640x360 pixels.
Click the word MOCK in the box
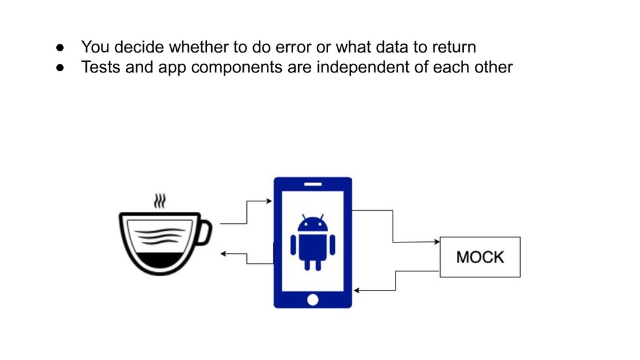click(x=479, y=257)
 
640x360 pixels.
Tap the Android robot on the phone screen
click(x=312, y=242)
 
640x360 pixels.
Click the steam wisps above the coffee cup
click(x=161, y=201)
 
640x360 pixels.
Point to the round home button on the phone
click(x=312, y=300)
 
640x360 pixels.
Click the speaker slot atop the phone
click(x=312, y=184)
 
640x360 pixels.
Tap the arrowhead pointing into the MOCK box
click(x=436, y=241)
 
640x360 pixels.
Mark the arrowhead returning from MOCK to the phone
click(x=357, y=291)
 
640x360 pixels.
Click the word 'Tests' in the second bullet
click(x=101, y=67)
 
